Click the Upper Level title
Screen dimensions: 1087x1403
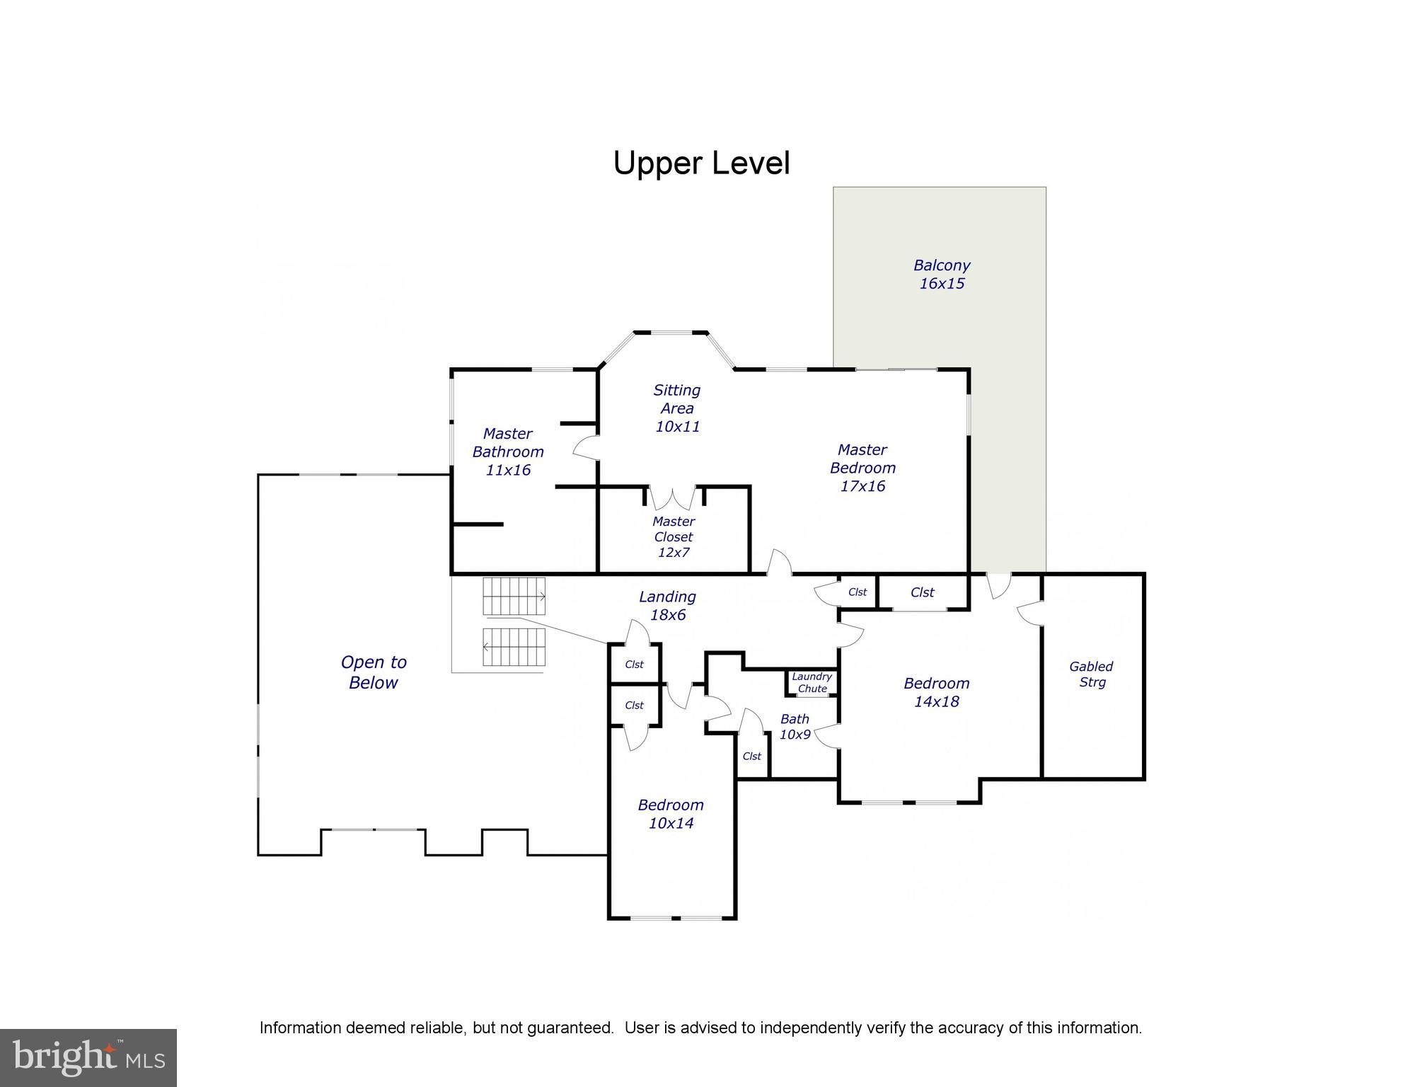click(x=700, y=163)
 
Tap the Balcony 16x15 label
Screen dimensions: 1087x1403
click(x=941, y=275)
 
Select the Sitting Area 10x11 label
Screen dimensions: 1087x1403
click(x=677, y=408)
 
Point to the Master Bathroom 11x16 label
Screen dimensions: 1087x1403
click(x=507, y=452)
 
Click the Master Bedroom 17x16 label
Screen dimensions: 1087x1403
click(x=862, y=468)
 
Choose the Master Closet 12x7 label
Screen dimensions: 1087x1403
click(x=673, y=537)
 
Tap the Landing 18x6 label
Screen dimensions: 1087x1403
click(x=667, y=606)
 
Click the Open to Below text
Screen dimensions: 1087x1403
click(x=374, y=672)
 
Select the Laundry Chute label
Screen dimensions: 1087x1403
click(x=812, y=683)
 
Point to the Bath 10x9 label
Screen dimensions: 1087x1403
click(x=795, y=727)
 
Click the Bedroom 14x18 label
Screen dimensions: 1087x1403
click(x=936, y=692)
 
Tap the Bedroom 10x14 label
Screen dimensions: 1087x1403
click(x=671, y=814)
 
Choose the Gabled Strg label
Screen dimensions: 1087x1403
click(x=1091, y=674)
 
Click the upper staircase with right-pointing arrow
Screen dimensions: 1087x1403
click(x=514, y=597)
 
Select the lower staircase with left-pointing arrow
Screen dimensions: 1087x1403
click(x=515, y=647)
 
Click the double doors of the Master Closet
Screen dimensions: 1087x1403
click(x=673, y=498)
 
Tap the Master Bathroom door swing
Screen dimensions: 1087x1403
click(x=586, y=448)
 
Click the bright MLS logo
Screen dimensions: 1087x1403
click(x=88, y=1058)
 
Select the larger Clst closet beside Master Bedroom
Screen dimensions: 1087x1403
click(x=923, y=592)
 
